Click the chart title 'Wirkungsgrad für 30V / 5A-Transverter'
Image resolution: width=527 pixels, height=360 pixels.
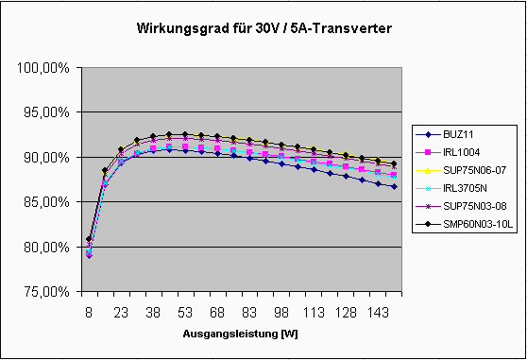tap(263, 29)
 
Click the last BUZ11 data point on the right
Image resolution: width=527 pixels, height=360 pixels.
tap(393, 186)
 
